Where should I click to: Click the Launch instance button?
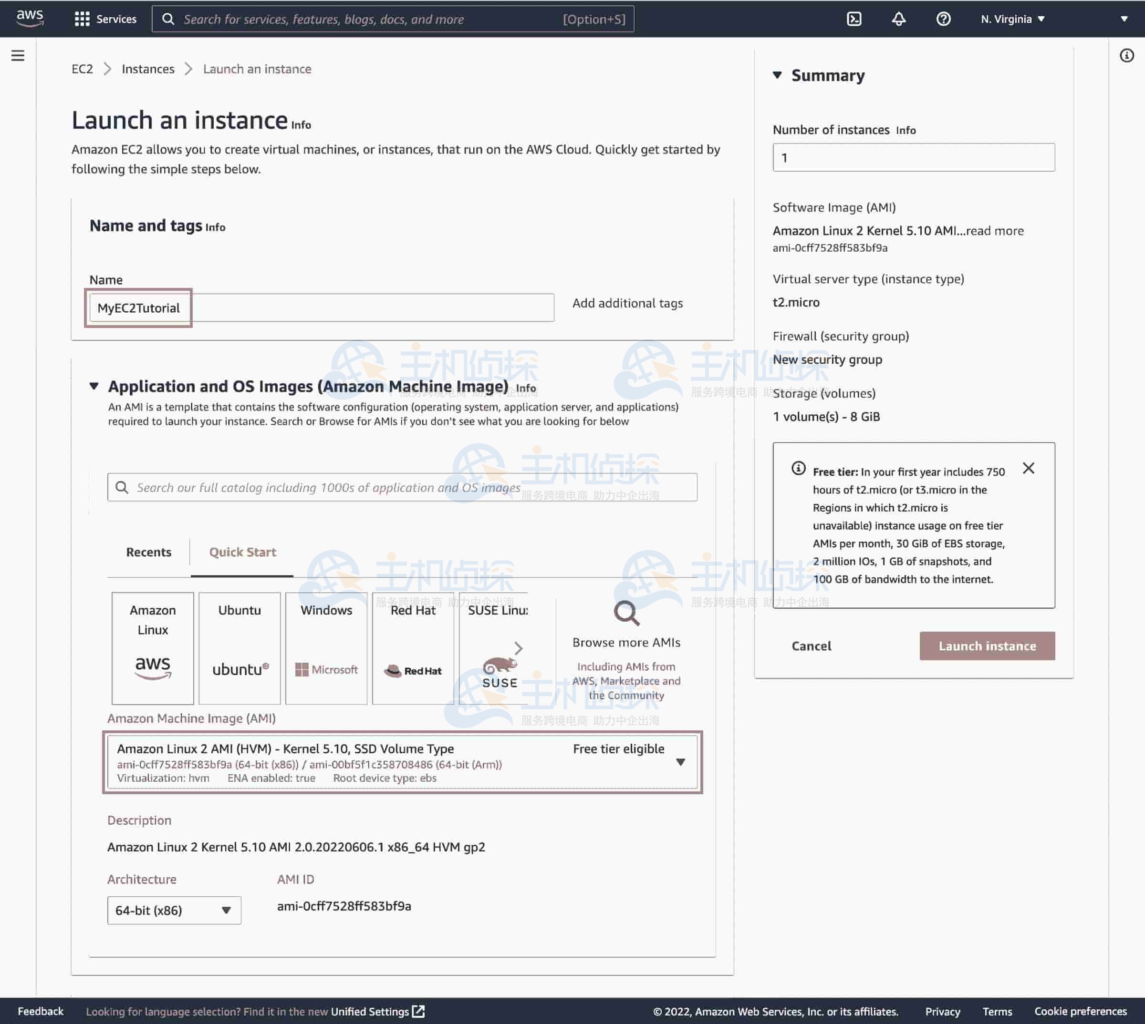click(987, 646)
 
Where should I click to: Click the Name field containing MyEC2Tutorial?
click(321, 308)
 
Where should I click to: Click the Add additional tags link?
click(627, 303)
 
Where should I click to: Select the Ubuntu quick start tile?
click(239, 647)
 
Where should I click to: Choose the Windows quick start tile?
click(326, 647)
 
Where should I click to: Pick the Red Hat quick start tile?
click(413, 647)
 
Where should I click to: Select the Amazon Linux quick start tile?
click(153, 647)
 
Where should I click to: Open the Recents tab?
click(149, 552)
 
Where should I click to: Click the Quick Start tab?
click(243, 552)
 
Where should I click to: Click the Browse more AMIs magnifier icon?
click(626, 613)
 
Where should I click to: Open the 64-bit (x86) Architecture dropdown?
click(174, 911)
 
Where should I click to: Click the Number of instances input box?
click(913, 157)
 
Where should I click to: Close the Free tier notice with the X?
click(1028, 468)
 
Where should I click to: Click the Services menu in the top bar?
click(106, 19)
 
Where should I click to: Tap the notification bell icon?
click(898, 19)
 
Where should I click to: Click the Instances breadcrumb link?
click(148, 69)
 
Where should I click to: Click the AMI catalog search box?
click(402, 487)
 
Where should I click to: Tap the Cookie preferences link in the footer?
click(1080, 1011)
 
